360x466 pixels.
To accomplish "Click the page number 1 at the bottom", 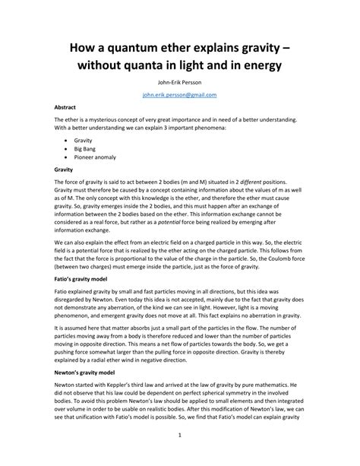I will pyautogui.click(x=180, y=435).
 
